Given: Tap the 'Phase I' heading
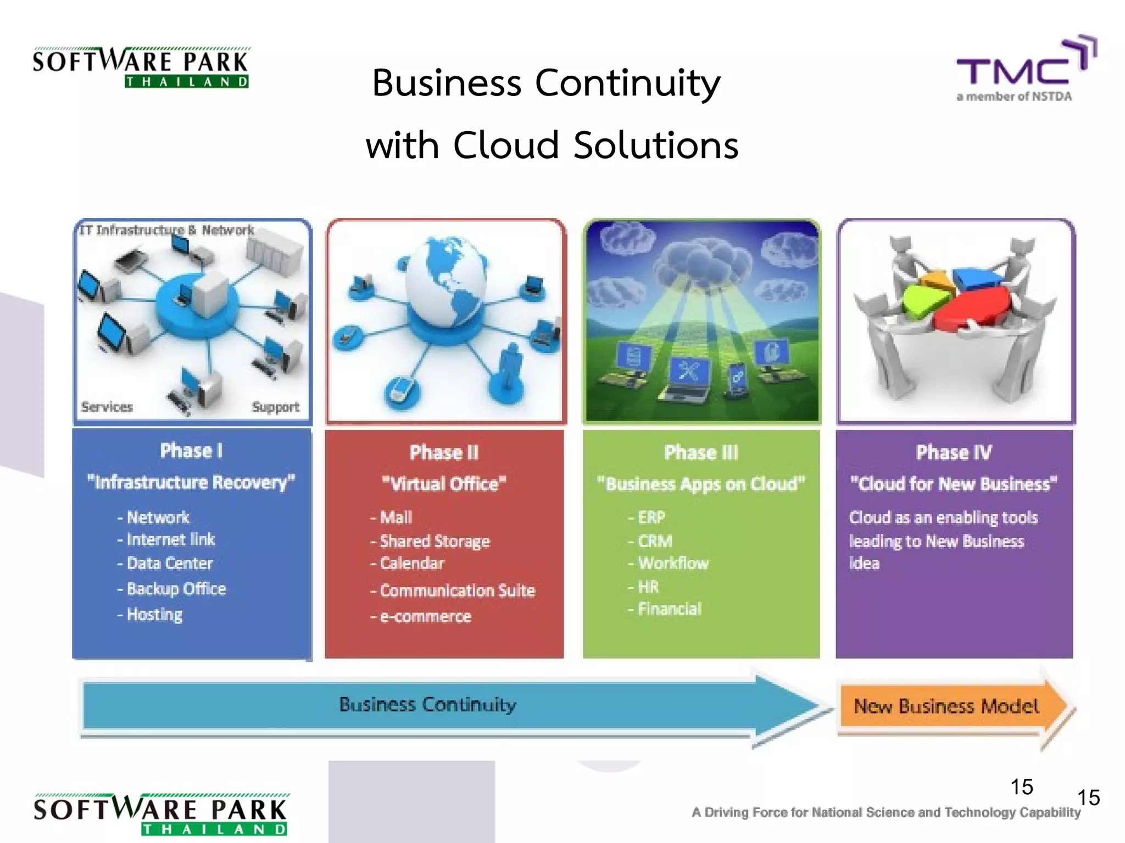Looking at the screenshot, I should click(191, 451).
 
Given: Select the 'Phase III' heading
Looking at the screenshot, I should click(701, 453).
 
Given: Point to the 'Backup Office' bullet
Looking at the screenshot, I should click(176, 589).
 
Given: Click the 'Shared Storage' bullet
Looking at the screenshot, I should click(434, 541).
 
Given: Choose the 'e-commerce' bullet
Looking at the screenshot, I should click(425, 616).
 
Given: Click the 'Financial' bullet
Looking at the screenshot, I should click(669, 609).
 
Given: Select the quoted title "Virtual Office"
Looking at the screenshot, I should click(444, 484).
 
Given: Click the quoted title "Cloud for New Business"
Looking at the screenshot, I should click(954, 484).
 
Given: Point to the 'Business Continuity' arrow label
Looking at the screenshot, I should click(427, 705).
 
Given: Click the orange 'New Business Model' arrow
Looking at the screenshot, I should click(946, 706).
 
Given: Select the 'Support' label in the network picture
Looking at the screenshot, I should click(275, 407).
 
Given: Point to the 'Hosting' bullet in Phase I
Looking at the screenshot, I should click(154, 614).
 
